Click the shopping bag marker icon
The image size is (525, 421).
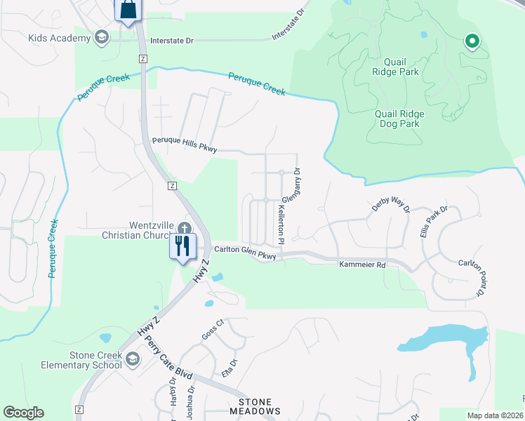[127, 11]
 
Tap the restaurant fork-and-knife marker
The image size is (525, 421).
[182, 246]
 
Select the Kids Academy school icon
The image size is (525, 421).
[102, 38]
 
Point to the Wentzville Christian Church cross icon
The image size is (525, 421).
[184, 228]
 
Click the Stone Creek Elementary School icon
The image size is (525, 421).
[132, 360]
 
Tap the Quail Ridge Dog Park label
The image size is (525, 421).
[397, 119]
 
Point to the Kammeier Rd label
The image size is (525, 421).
[362, 265]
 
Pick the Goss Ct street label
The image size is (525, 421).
[212, 329]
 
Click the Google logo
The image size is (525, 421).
[23, 413]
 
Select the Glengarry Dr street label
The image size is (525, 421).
[291, 185]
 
